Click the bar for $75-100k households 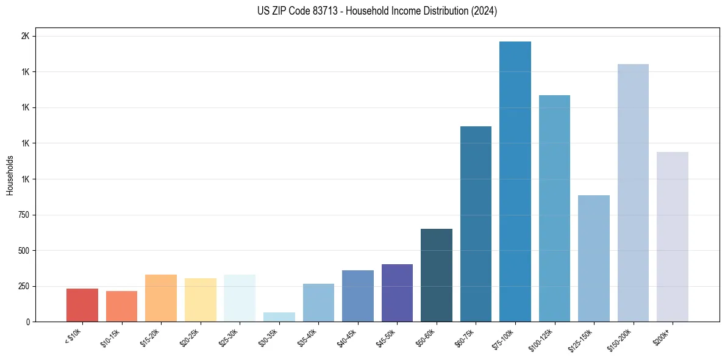pos(515,181)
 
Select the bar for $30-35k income pos(279,317)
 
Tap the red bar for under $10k pos(82,305)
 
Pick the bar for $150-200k pos(633,193)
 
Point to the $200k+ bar pos(673,237)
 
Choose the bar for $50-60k pos(437,275)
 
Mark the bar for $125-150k pos(594,258)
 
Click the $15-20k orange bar pos(161,298)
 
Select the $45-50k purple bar pos(397,293)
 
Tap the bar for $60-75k pos(476,224)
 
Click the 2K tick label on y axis pos(25,36)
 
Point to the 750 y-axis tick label pos(23,215)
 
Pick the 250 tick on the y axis pos(23,286)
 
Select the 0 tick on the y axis pos(27,322)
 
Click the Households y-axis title pos(10,175)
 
